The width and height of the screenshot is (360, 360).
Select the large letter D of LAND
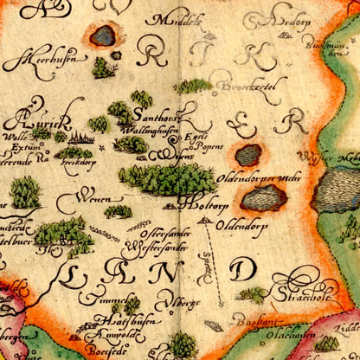[240, 270]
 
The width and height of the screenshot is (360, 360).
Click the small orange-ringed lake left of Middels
[103, 35]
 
